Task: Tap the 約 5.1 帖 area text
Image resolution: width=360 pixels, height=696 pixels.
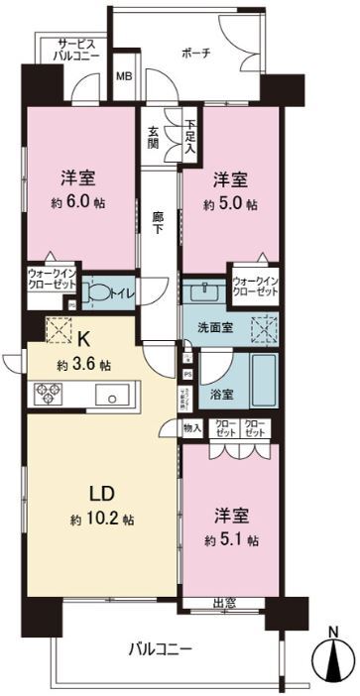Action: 235,540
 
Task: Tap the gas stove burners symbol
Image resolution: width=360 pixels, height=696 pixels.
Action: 50,395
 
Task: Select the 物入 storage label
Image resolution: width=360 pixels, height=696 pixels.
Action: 192,428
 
